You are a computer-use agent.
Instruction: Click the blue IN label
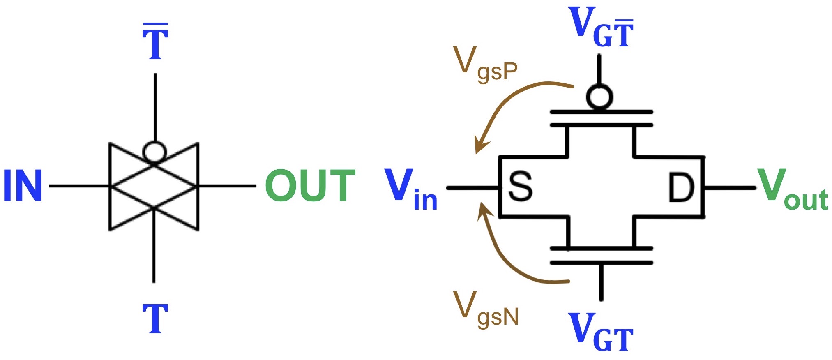pyautogui.click(x=23, y=185)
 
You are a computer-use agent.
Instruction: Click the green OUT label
pyautogui.click(x=310, y=185)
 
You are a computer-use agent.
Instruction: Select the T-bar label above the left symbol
pyautogui.click(x=155, y=41)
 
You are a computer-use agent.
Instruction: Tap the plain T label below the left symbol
pyautogui.click(x=155, y=318)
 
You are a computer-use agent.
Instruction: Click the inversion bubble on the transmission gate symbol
pyautogui.click(x=155, y=152)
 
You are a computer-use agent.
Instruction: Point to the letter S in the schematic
pyautogui.click(x=520, y=187)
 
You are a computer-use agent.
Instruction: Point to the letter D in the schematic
pyautogui.click(x=681, y=187)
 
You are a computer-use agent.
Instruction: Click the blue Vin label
pyautogui.click(x=411, y=189)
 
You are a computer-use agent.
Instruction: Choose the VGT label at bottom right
pyautogui.click(x=600, y=331)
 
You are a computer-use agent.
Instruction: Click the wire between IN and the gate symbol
pyautogui.click(x=79, y=186)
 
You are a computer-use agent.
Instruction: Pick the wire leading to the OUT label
pyautogui.click(x=227, y=186)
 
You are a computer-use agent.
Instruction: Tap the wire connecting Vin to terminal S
pyautogui.click(x=473, y=188)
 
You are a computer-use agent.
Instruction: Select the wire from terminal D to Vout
pyautogui.click(x=730, y=188)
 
